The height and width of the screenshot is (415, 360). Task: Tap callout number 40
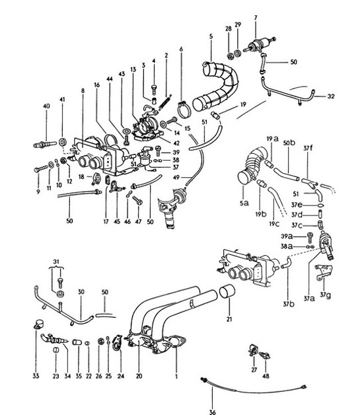tap(46, 106)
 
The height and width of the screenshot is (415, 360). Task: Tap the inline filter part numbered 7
tap(256, 48)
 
